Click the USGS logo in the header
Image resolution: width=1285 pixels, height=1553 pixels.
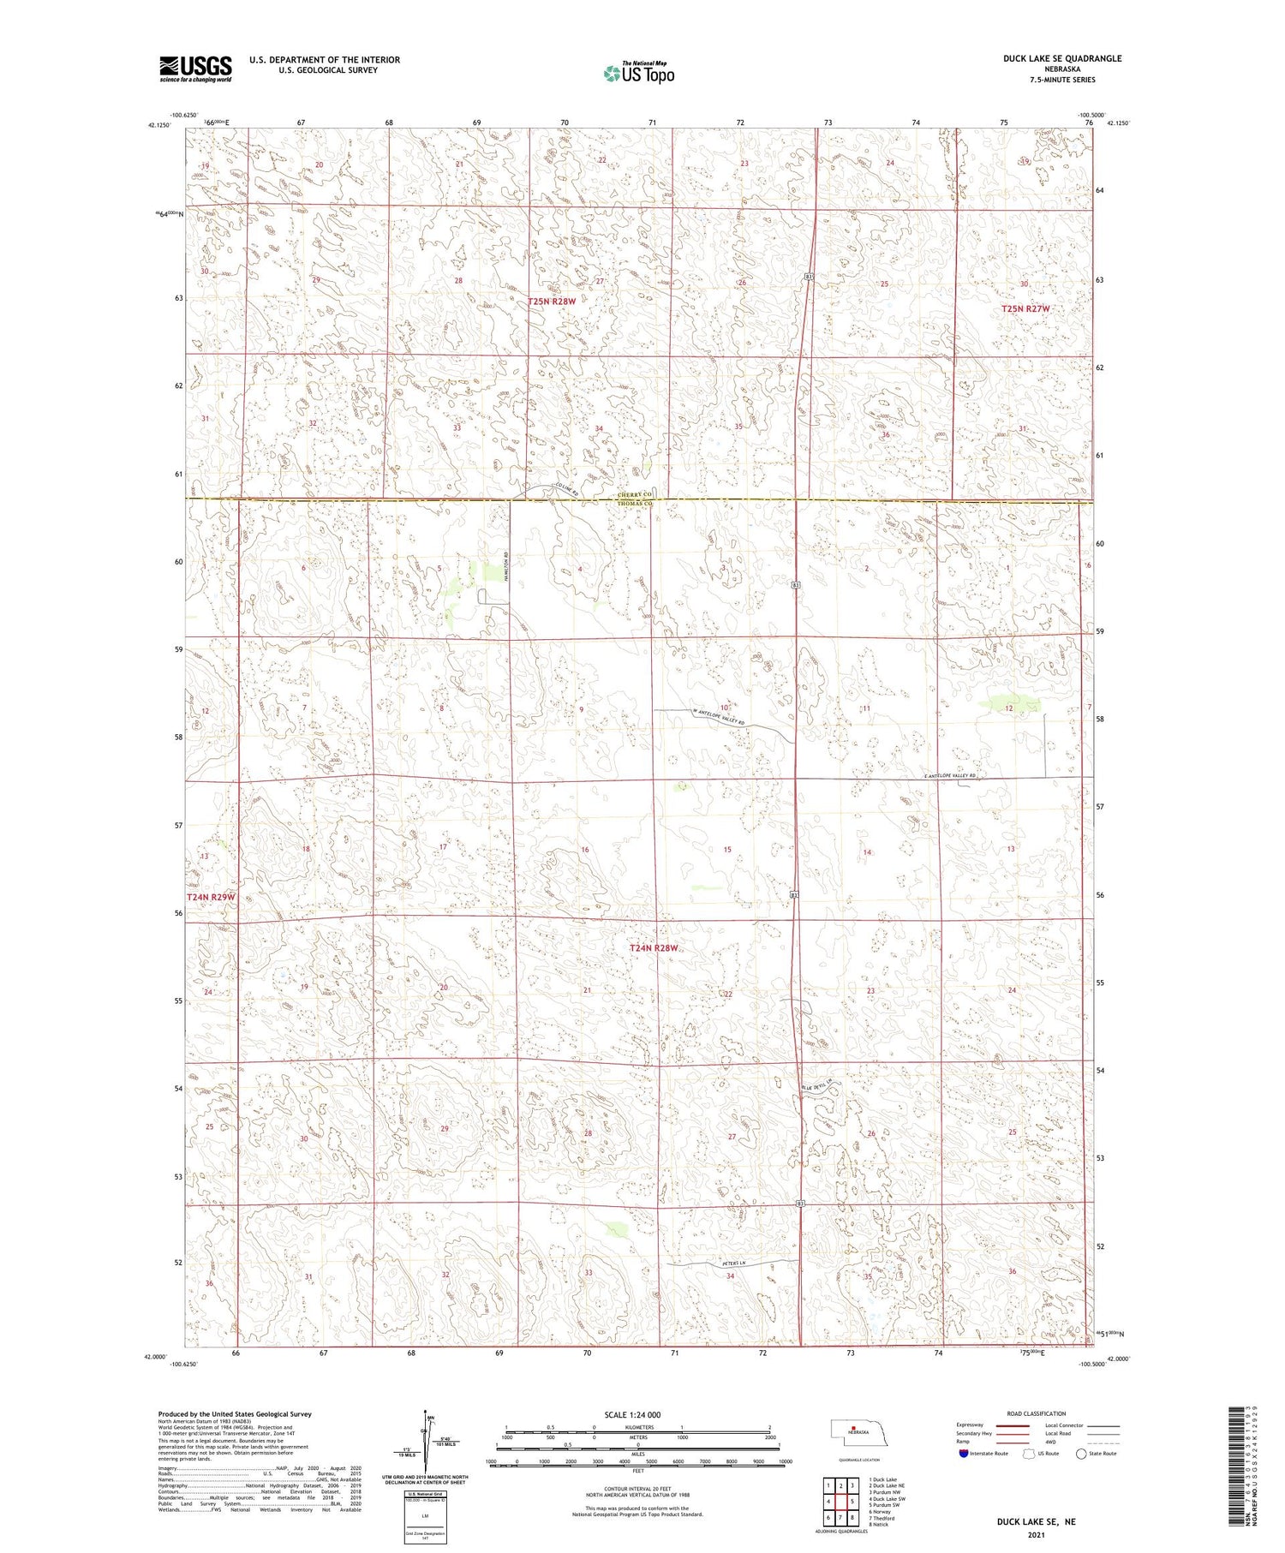coord(195,69)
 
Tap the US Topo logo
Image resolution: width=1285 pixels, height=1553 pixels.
coord(639,73)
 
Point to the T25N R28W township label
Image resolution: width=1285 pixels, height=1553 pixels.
coord(552,302)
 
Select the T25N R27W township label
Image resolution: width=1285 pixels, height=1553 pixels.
coord(1025,308)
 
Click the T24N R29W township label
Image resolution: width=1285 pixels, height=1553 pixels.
coord(210,896)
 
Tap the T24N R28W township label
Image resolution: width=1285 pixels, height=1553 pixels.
coord(654,948)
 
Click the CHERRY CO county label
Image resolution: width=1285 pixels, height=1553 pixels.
coord(636,495)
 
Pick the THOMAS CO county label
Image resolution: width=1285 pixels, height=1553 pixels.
coord(636,505)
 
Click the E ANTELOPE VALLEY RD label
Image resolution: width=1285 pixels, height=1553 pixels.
coord(950,776)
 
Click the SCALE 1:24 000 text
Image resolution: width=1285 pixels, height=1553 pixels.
coord(632,1414)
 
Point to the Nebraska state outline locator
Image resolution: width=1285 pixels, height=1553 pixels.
coord(852,1431)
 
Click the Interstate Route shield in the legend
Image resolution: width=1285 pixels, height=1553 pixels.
coord(964,1454)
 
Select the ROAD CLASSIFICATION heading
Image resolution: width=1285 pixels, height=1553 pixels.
coord(1037,1413)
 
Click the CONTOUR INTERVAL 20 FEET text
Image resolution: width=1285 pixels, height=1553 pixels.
coord(637,1490)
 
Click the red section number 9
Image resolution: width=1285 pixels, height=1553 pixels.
coord(581,709)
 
